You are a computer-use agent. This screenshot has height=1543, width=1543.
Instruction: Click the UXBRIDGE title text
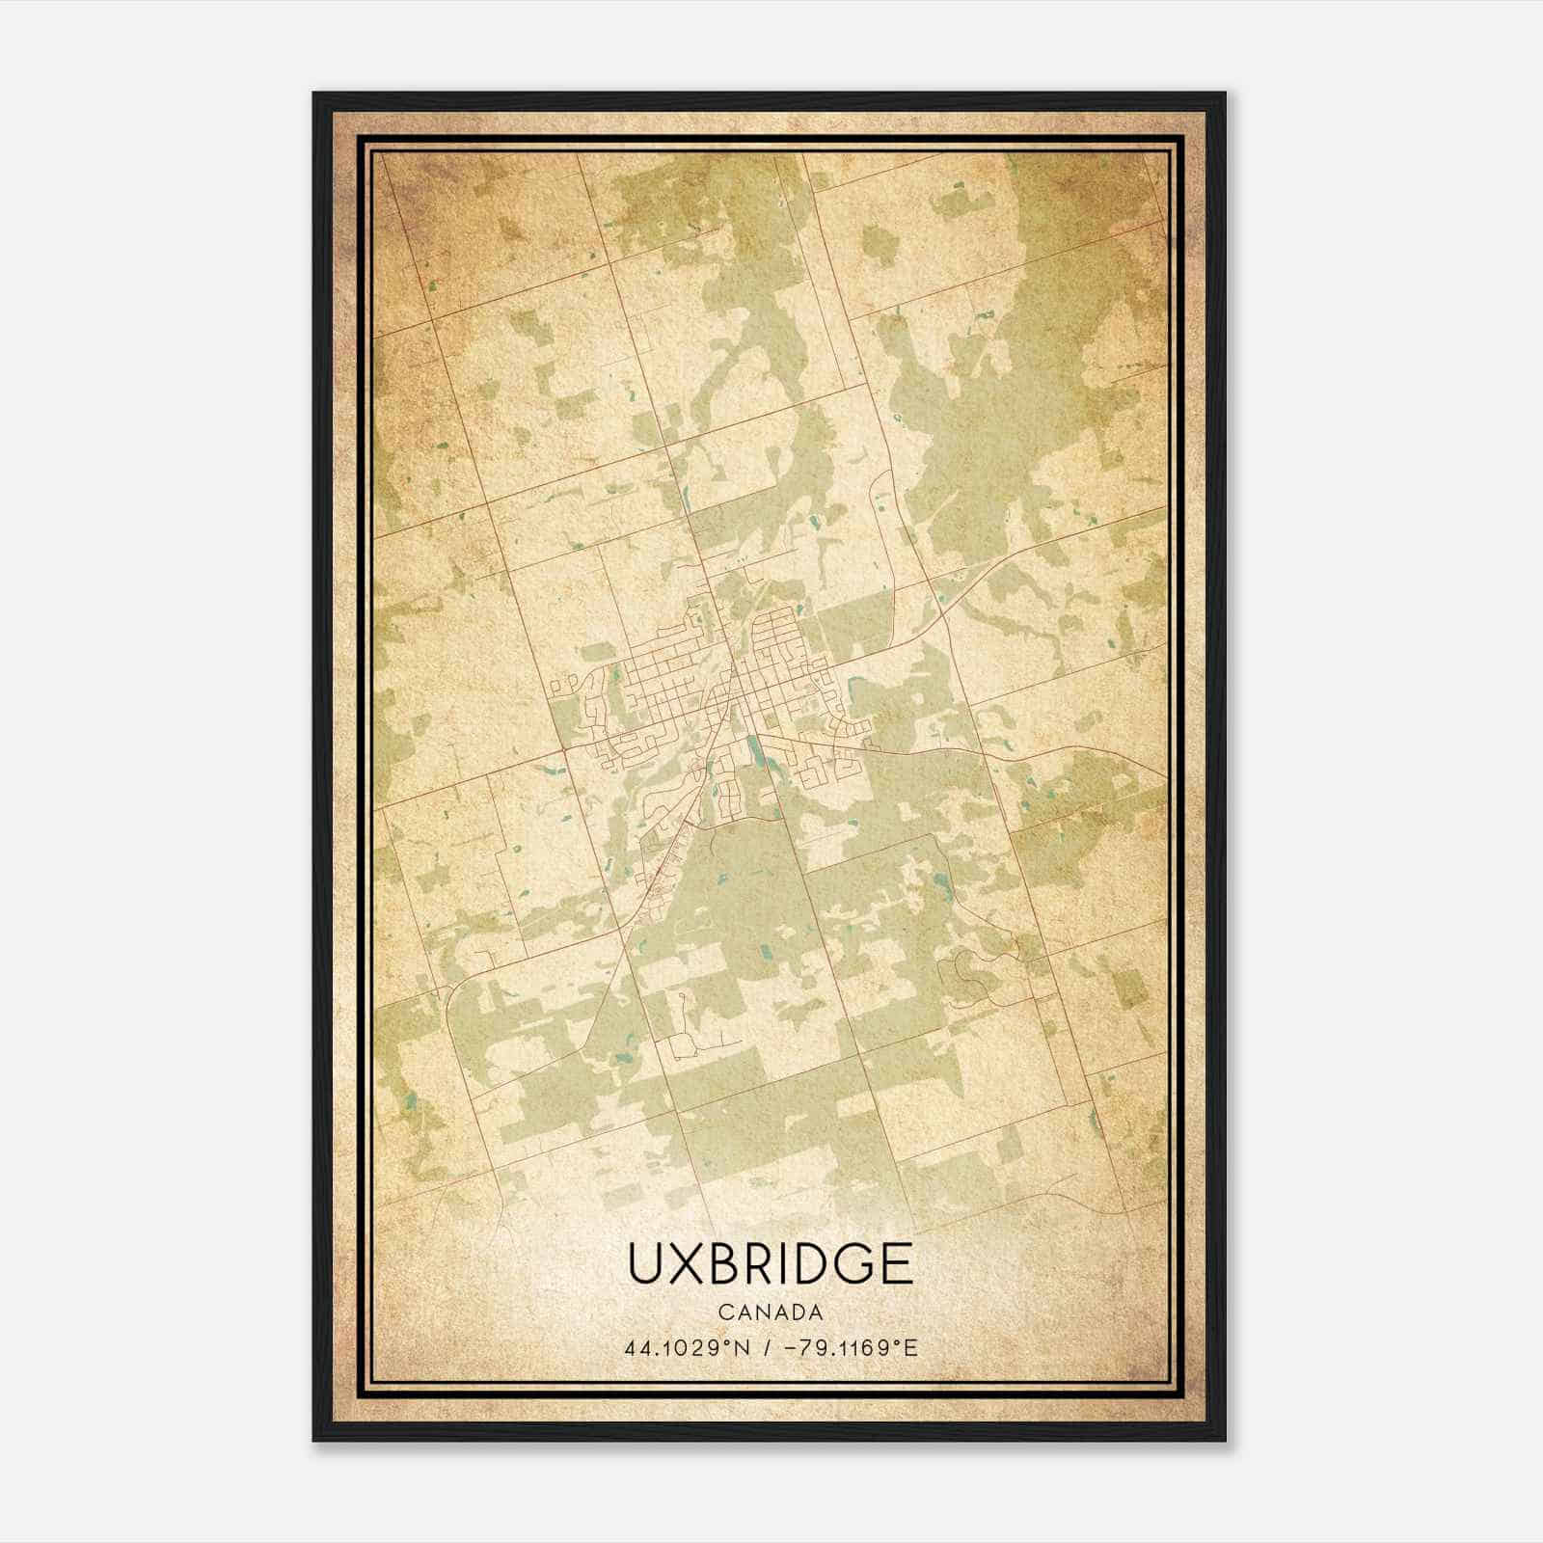click(770, 1263)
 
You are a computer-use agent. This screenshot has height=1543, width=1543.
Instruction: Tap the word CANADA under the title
click(770, 1313)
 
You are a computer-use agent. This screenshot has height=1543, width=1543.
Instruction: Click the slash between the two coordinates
click(765, 1347)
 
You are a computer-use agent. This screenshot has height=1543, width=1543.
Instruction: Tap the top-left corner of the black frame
click(314, 94)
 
